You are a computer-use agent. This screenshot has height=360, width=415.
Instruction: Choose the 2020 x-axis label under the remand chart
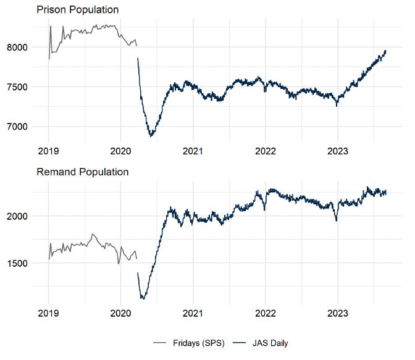point(121,313)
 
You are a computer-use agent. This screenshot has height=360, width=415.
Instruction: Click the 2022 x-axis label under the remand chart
point(266,313)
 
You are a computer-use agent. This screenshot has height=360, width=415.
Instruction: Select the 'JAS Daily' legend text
point(269,343)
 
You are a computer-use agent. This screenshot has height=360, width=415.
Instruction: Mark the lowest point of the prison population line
point(150,136)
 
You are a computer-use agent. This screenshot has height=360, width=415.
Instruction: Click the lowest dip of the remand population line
point(143,299)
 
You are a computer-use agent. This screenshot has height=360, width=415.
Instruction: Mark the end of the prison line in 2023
point(385,51)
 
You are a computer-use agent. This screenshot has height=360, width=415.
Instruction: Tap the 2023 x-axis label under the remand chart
point(338,313)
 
